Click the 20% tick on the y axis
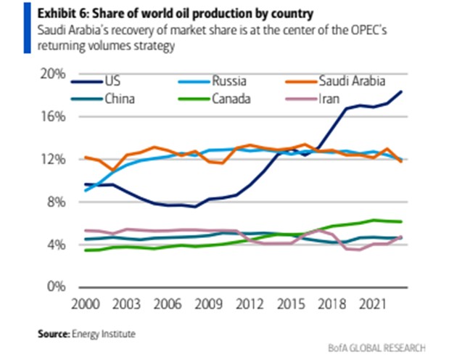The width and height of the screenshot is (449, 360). [52, 74]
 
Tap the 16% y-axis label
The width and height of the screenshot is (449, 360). [52, 117]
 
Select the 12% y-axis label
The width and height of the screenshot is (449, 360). [52, 160]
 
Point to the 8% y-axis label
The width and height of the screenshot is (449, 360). [54, 202]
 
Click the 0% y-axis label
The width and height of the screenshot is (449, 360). [54, 287]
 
